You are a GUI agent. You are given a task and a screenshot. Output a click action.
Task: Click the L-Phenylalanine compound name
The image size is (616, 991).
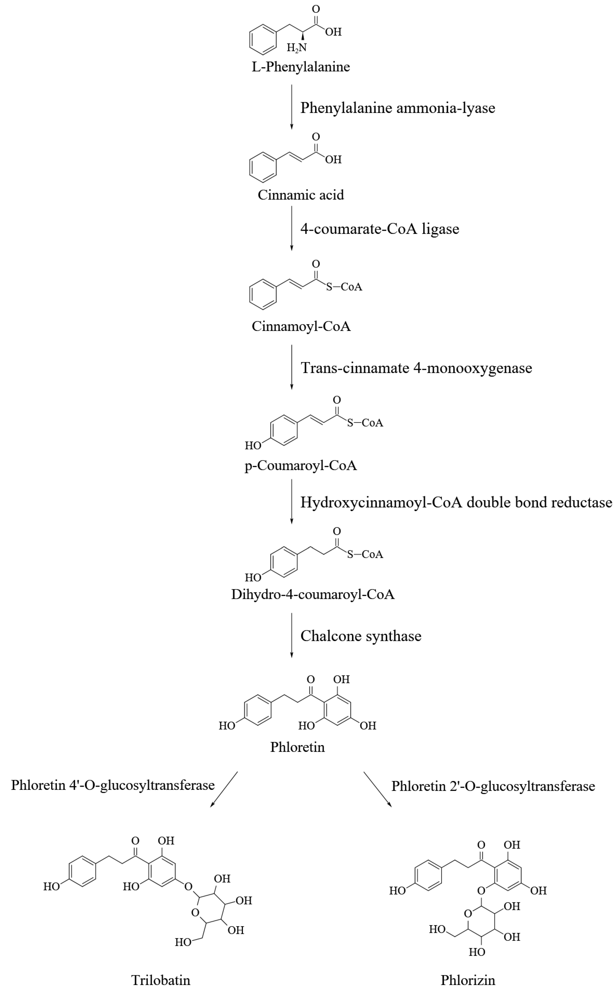(301, 66)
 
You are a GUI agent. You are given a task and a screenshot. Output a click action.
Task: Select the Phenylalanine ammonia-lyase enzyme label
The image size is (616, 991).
(398, 108)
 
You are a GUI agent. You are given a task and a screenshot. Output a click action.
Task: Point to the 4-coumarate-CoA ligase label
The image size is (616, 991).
(380, 229)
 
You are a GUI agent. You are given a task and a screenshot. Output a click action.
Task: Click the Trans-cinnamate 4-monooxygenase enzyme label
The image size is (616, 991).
(416, 368)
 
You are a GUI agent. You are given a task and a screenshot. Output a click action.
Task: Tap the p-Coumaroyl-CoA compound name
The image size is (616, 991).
(301, 465)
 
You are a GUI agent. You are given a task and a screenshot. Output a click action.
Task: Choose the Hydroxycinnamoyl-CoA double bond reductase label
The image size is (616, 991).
(456, 502)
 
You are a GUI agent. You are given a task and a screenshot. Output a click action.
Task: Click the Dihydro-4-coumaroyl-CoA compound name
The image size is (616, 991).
(313, 594)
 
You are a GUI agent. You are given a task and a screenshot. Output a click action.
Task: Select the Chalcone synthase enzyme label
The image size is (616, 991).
(361, 636)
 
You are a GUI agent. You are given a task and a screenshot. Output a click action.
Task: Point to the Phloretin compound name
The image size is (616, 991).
(297, 747)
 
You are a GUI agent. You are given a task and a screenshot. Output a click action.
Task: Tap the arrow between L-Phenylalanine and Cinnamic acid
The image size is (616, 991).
(291, 107)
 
